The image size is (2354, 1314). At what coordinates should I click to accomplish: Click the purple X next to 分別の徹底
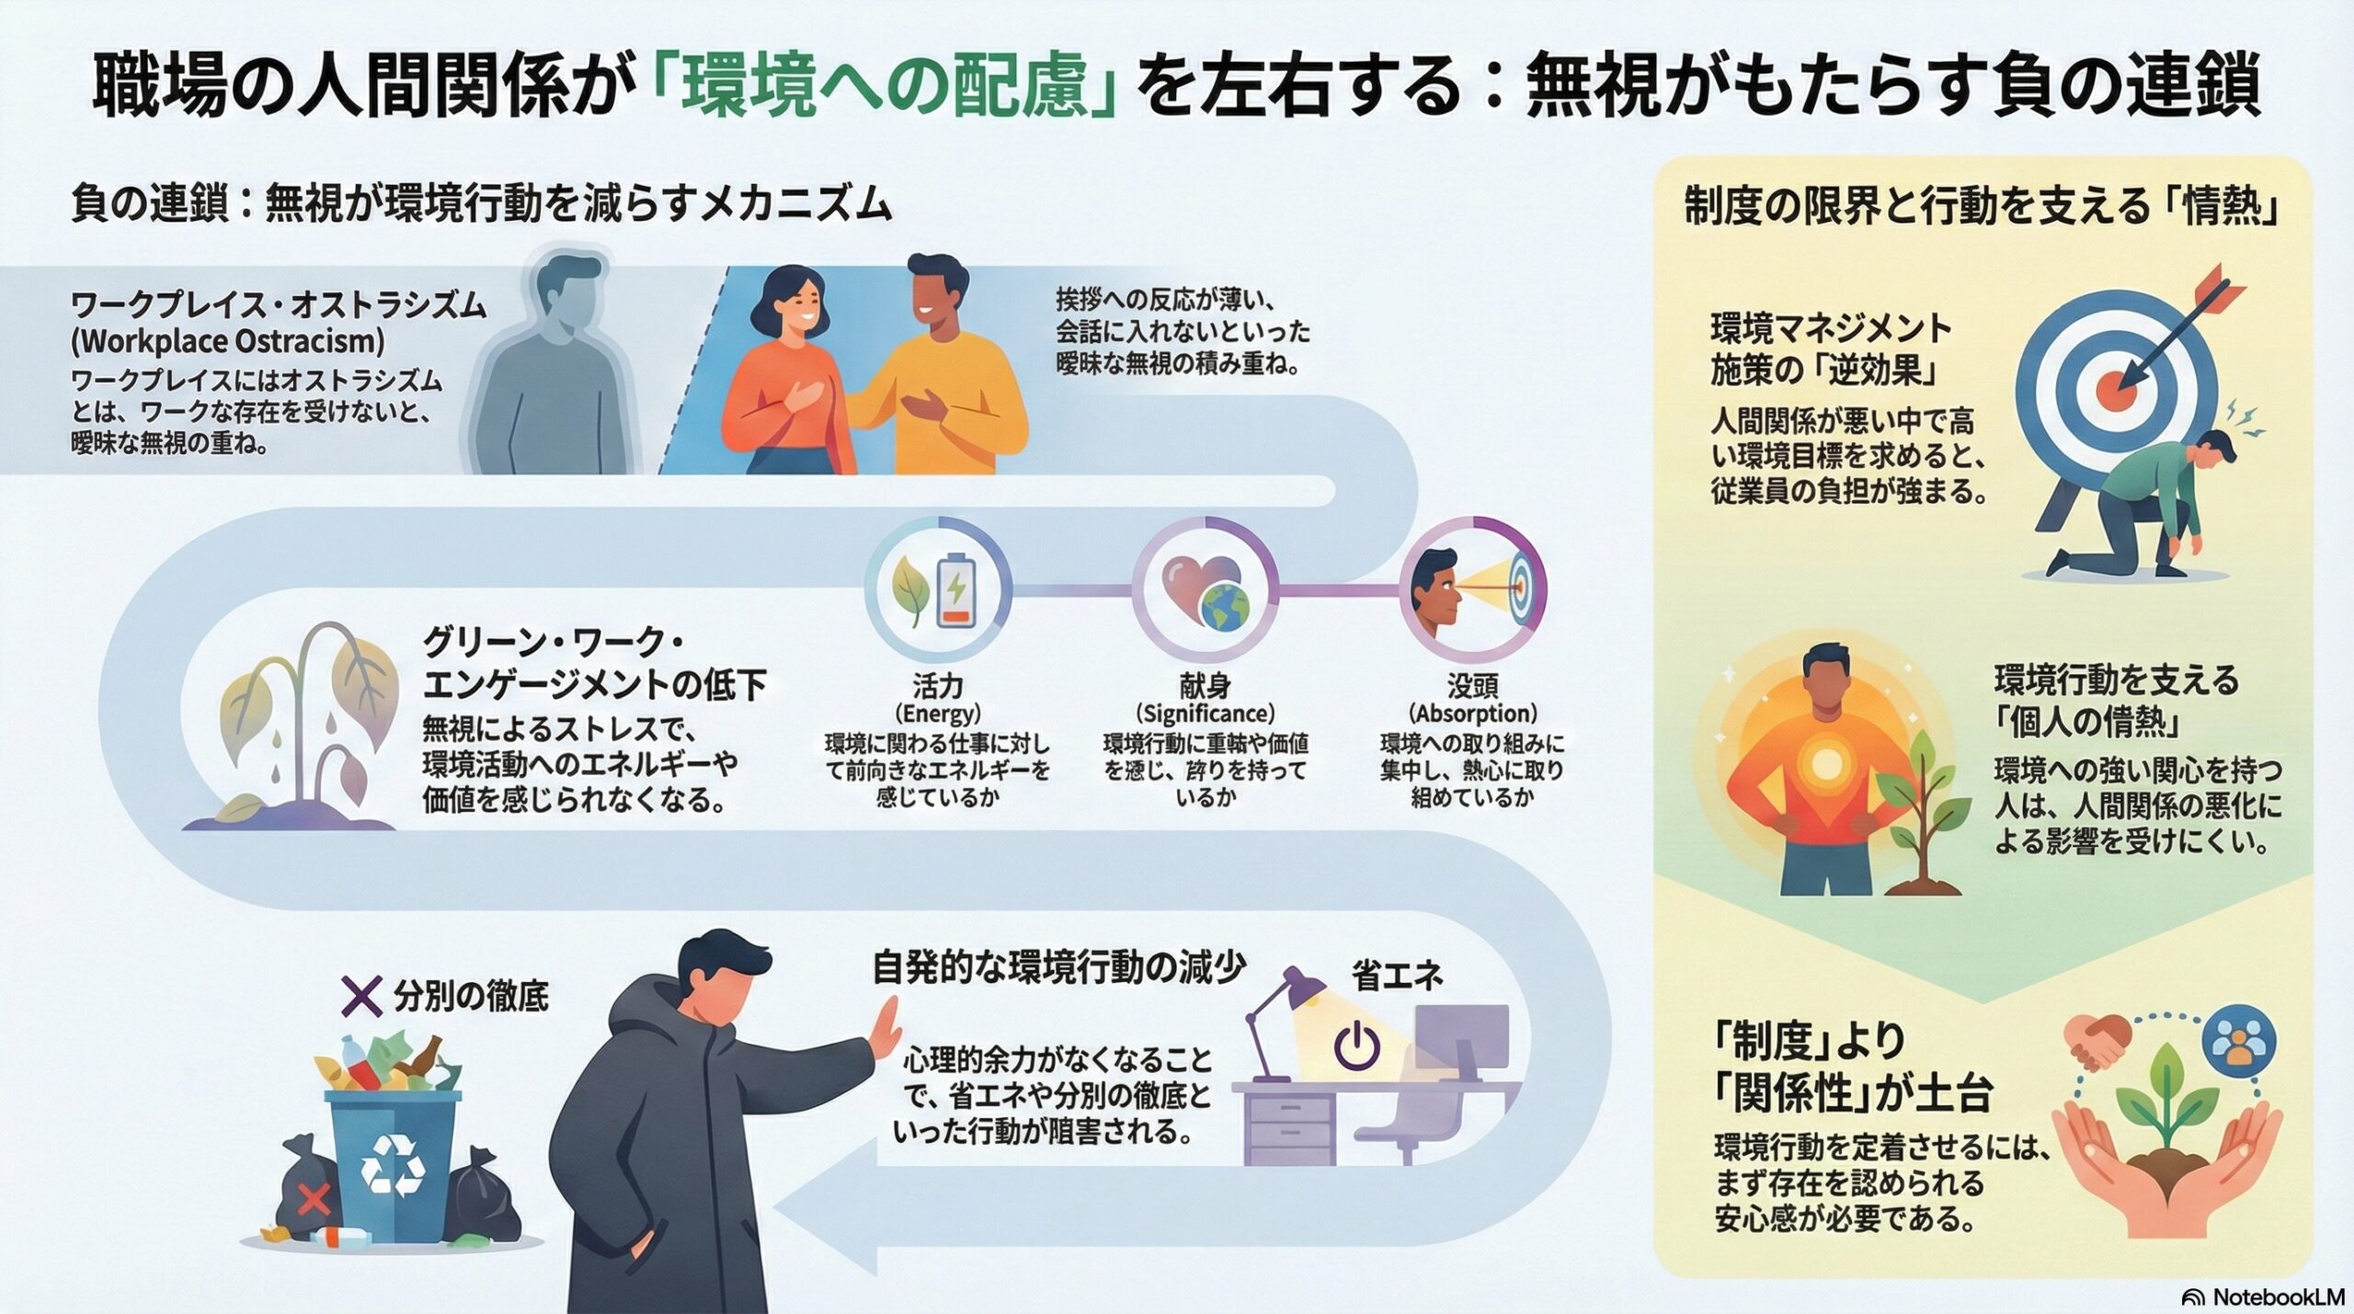[x=361, y=996]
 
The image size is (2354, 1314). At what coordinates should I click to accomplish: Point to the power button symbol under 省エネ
[x=1357, y=1048]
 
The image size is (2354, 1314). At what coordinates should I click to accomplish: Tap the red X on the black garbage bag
[x=315, y=1199]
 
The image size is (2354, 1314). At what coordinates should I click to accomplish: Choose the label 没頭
[x=1472, y=685]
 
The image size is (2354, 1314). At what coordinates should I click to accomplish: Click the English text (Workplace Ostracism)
[x=228, y=341]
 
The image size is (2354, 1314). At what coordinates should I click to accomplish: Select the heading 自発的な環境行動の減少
[x=1058, y=967]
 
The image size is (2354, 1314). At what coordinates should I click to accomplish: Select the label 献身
[x=1205, y=685]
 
